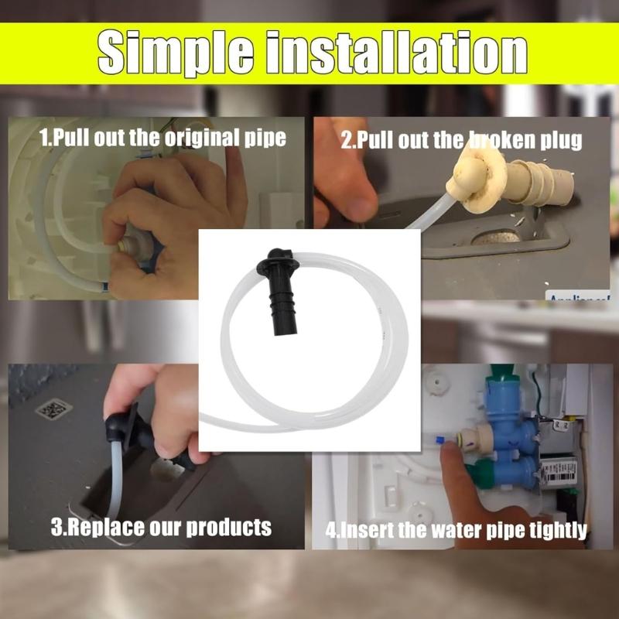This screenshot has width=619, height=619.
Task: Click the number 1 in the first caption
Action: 44,138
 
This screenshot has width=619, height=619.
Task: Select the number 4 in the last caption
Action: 330,531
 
